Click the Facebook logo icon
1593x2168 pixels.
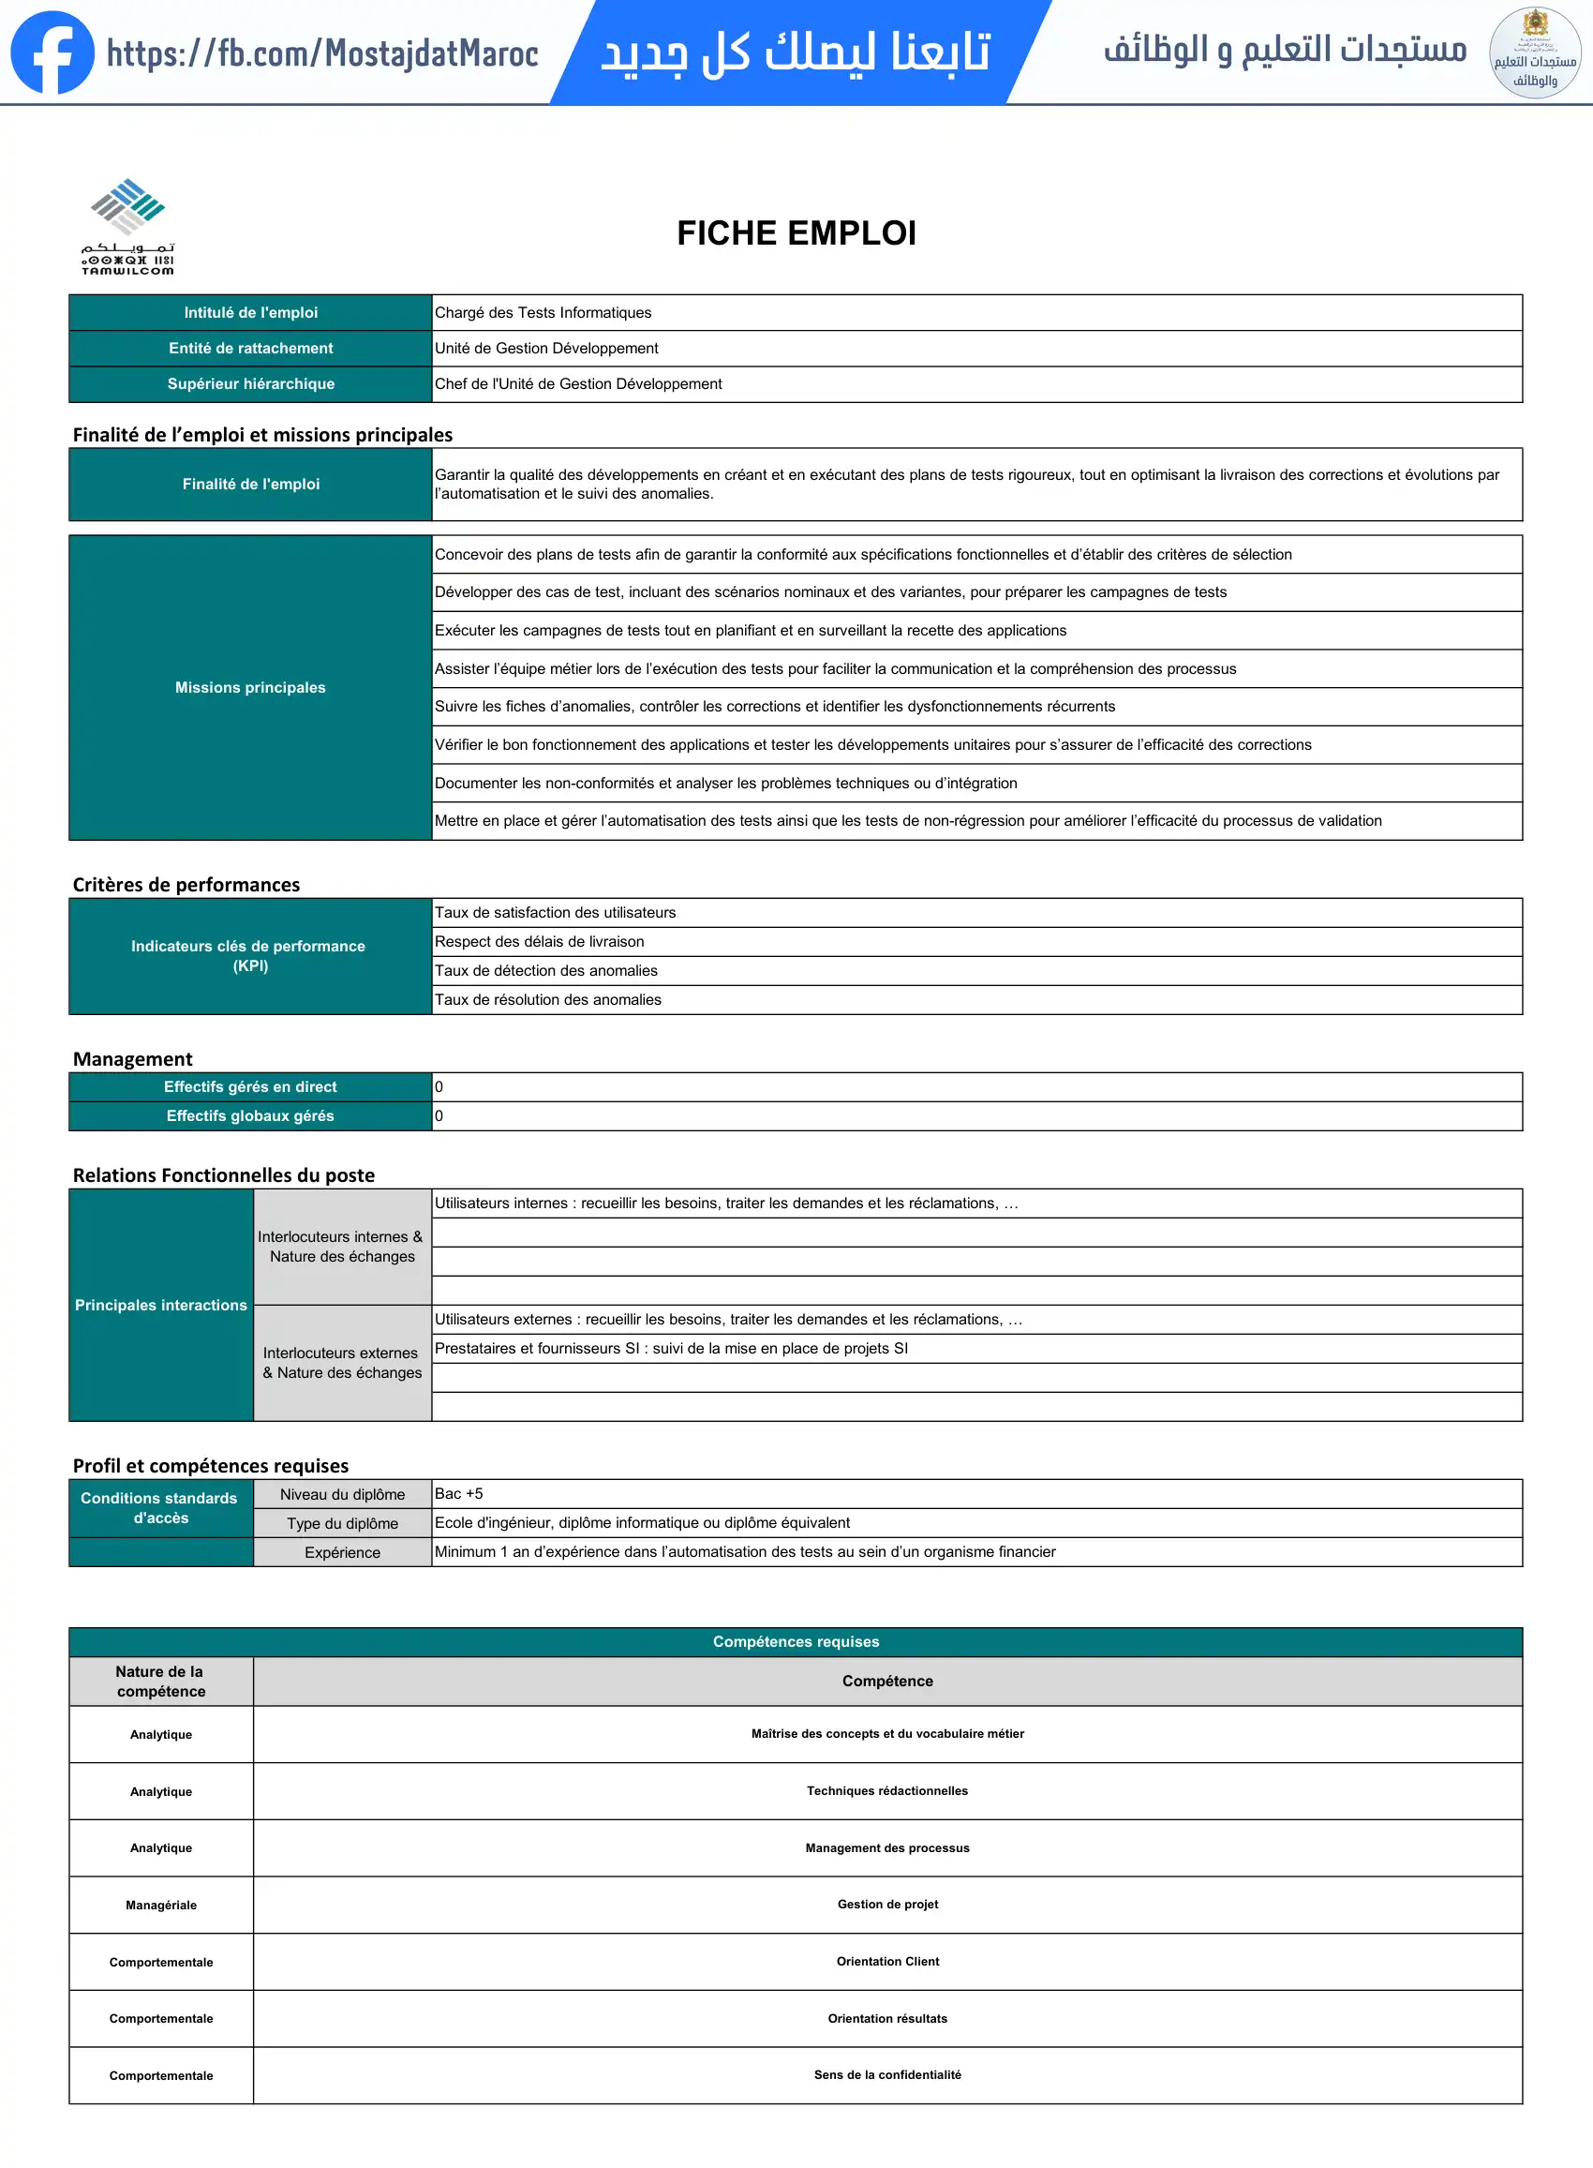coord(52,52)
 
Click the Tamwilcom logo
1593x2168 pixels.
coord(128,227)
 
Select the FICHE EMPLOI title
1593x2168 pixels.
coord(796,233)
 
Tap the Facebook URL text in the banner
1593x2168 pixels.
coord(322,54)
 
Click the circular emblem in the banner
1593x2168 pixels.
coord(1534,53)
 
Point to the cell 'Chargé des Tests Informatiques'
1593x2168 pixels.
coord(543,312)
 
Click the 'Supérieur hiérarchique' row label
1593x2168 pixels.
coord(251,384)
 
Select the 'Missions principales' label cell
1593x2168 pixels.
coord(251,688)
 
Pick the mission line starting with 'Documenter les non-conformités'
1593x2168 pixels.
coord(725,783)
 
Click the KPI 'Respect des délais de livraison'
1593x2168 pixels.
coord(539,941)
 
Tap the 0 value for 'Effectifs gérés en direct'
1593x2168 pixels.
coord(439,1087)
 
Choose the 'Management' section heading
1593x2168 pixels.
coord(133,1059)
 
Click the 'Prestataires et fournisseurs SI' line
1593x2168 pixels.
coord(671,1348)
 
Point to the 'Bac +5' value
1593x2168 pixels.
coord(459,1494)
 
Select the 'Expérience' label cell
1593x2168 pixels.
coord(342,1553)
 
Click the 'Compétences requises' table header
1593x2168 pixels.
coord(796,1641)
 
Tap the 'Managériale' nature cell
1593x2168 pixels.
coord(161,1905)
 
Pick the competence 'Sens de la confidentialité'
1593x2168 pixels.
coord(887,2074)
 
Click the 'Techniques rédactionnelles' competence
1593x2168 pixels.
coord(887,1791)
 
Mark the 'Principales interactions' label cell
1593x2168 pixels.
coord(161,1305)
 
